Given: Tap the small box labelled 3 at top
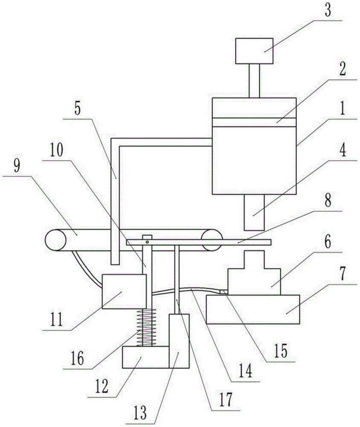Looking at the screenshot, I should coord(254,51).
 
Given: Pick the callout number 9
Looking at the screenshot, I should coord(18,166).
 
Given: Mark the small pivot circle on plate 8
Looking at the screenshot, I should coord(147,242).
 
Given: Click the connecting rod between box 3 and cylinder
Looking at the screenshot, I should coord(254,81).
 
